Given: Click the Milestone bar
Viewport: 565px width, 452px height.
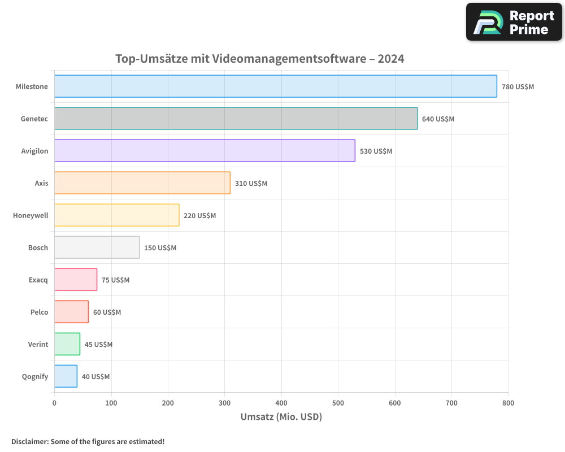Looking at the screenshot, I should click(276, 86).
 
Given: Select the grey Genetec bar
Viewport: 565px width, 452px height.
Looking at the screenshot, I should click(236, 119).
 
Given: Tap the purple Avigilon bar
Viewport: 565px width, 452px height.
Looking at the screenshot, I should click(205, 151).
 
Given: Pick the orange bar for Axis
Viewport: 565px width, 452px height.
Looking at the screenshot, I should click(142, 183).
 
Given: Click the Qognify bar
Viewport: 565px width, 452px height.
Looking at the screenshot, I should click(66, 376).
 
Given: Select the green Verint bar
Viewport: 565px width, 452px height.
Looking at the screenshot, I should click(67, 344).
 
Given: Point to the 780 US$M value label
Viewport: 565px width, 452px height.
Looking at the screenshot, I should click(518, 87).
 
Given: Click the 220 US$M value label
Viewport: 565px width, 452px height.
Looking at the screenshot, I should click(199, 216).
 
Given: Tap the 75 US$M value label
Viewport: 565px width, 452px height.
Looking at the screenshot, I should click(115, 280).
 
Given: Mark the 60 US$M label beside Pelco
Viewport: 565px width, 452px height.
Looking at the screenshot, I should click(107, 312).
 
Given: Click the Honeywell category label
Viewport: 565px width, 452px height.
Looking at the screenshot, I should click(31, 215).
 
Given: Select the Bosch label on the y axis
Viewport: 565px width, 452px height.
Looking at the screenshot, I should click(38, 247).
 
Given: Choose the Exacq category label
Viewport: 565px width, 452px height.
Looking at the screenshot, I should click(38, 280).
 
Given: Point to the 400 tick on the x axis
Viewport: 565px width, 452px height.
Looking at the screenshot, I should click(281, 403).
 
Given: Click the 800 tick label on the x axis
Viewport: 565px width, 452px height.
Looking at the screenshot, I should click(508, 403).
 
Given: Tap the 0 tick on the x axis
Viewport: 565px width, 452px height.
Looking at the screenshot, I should click(54, 403).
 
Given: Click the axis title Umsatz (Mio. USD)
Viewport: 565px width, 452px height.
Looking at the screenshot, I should click(281, 417).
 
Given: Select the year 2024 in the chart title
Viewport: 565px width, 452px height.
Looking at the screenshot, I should click(391, 59).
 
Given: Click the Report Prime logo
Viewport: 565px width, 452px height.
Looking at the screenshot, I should click(514, 22).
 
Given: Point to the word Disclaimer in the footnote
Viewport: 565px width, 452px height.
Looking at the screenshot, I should click(29, 441).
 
